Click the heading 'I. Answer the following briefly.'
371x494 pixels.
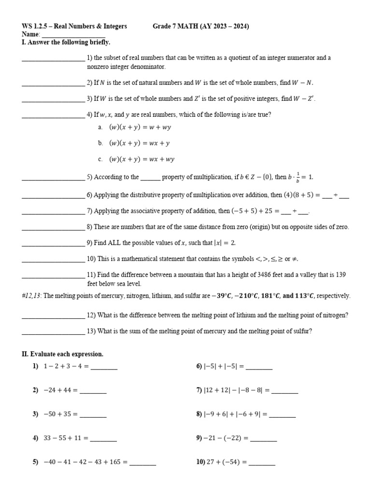[66, 42]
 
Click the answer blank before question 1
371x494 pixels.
[53, 60]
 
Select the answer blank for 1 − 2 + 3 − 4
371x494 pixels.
[104, 369]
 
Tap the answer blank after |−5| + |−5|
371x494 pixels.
[259, 369]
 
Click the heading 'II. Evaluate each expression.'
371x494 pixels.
[62, 354]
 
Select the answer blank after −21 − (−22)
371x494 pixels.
[264, 440]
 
